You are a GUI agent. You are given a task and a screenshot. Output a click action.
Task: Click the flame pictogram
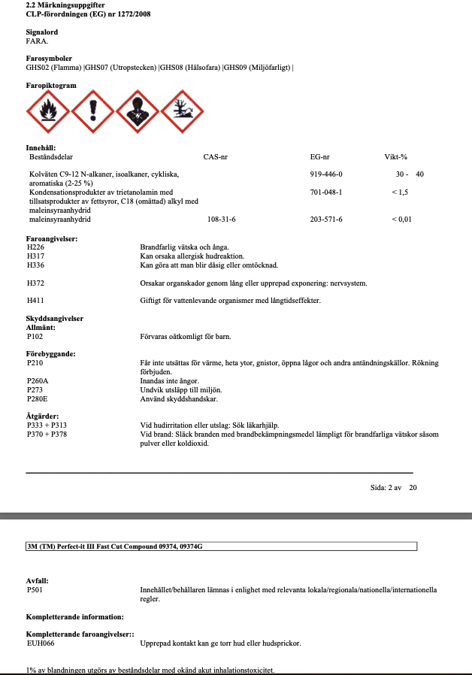(x=48, y=113)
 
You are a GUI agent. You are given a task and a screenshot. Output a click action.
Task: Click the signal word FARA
(x=37, y=41)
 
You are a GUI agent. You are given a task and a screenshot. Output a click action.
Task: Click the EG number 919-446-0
(x=326, y=174)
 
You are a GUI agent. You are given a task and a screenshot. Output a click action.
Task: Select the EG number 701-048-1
(x=326, y=192)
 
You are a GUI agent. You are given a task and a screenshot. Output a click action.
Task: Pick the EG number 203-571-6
(x=326, y=219)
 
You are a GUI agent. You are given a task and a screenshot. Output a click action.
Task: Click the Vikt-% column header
(x=395, y=157)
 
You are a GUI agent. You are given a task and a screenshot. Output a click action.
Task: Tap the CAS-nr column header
(x=216, y=157)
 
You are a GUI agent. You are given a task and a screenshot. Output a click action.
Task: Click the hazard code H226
(x=35, y=247)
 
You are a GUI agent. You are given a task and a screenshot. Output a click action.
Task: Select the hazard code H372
(x=35, y=283)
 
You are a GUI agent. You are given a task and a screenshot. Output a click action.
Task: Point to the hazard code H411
(x=35, y=301)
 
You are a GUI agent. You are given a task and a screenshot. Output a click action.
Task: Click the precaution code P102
(x=35, y=337)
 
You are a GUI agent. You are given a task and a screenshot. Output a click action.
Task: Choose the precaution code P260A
(x=37, y=381)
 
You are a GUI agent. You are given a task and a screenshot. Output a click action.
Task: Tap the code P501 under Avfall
(x=35, y=590)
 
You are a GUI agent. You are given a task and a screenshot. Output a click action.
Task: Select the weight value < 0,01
(x=401, y=219)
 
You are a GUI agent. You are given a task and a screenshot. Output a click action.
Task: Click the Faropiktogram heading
(x=51, y=86)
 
